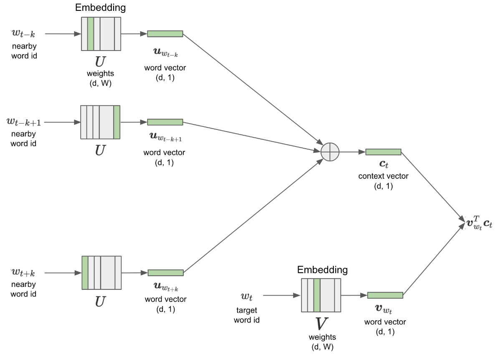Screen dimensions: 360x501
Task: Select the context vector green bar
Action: pyautogui.click(x=383, y=152)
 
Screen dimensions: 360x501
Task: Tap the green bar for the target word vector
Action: pyautogui.click(x=385, y=295)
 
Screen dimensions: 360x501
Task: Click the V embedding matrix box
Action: pyautogui.click(x=321, y=295)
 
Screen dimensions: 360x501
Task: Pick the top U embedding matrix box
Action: pyautogui.click(x=101, y=34)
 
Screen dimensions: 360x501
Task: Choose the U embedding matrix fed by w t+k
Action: pyautogui.click(x=101, y=273)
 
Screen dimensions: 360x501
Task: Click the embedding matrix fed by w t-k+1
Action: pyautogui.click(x=100, y=122)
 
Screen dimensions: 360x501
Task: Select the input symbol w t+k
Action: pyautogui.click(x=23, y=273)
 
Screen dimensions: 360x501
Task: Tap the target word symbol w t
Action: pyautogui.click(x=247, y=297)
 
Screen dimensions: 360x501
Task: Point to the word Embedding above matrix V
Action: pyautogui.click(x=322, y=270)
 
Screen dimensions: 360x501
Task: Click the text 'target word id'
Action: pyautogui.click(x=247, y=315)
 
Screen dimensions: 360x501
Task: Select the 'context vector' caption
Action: pyautogui.click(x=383, y=176)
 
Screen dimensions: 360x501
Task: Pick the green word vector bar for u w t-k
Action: pyautogui.click(x=165, y=34)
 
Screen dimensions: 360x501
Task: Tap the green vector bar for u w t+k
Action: pyautogui.click(x=165, y=273)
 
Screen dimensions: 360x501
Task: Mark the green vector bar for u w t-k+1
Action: pyautogui.click(x=165, y=122)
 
